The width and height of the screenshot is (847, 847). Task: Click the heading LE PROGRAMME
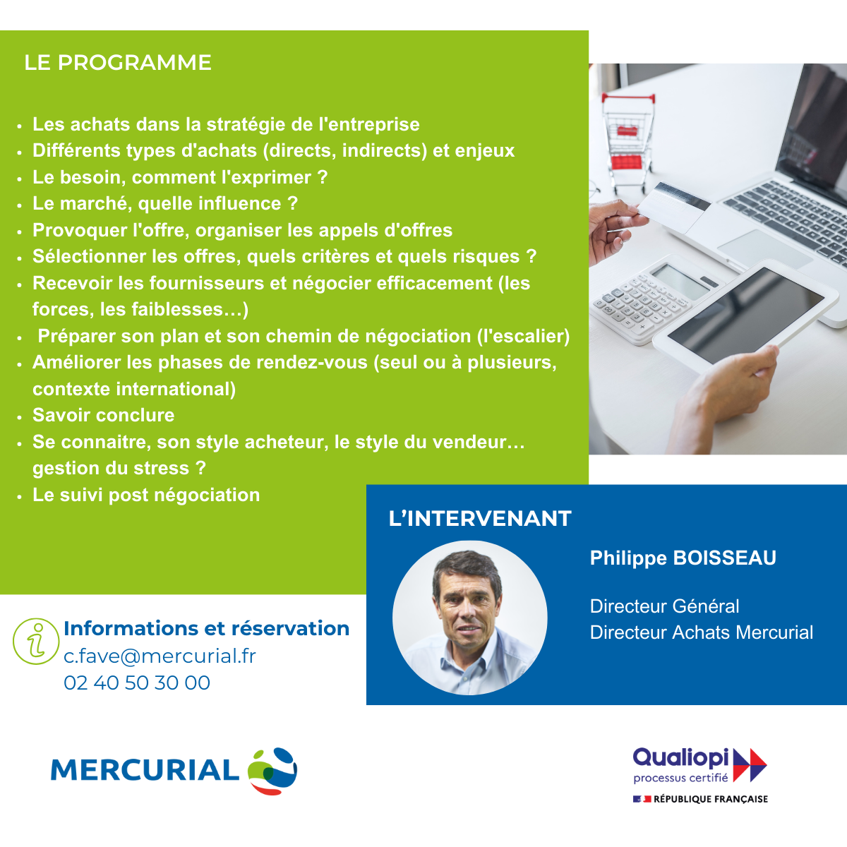coord(118,62)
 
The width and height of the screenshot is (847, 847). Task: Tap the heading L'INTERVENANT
coord(480,518)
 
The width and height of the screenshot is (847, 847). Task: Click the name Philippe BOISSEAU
coord(683,558)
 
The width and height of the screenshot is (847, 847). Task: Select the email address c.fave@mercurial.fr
coord(160,656)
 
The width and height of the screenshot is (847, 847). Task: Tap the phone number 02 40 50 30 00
coord(137,683)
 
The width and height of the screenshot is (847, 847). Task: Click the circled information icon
coord(36,642)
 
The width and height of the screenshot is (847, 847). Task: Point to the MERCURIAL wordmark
coord(145,770)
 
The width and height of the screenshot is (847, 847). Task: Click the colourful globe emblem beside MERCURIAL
coord(272,771)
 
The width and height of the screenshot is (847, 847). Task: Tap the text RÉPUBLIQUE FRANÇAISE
coord(711,799)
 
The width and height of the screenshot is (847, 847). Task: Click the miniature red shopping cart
coord(629,142)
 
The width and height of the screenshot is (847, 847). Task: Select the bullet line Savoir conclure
coord(103,415)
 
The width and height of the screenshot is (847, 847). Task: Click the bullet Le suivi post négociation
coord(146,495)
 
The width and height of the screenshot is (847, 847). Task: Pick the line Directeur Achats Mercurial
coord(701,632)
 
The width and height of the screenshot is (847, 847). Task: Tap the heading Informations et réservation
coord(207,629)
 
